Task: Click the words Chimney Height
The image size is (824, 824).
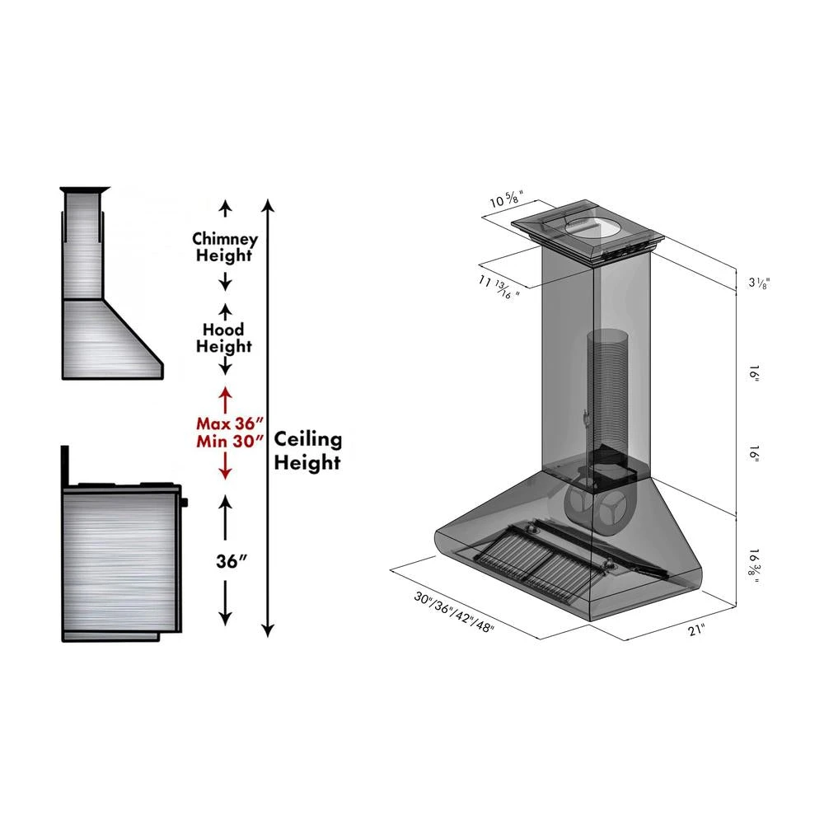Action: pos(224,247)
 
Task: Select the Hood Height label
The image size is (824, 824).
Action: pos(224,338)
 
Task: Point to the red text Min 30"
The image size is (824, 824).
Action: pos(224,441)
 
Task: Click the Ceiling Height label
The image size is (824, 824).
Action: pos(307,451)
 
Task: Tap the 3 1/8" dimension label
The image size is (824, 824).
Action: pos(758,283)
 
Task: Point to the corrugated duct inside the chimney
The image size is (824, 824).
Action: pos(607,387)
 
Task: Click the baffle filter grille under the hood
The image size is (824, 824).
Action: pos(527,560)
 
